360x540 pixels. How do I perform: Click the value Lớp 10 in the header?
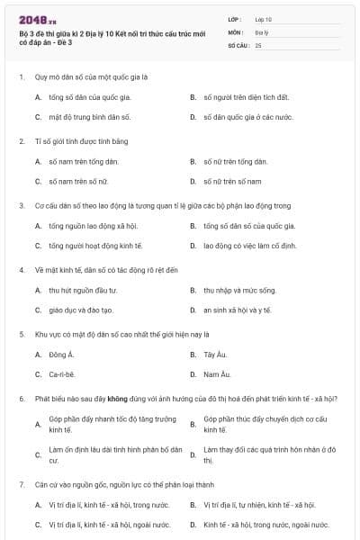[x=263, y=19]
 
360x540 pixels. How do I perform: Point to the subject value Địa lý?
[x=262, y=31]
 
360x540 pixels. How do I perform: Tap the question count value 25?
[x=259, y=44]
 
